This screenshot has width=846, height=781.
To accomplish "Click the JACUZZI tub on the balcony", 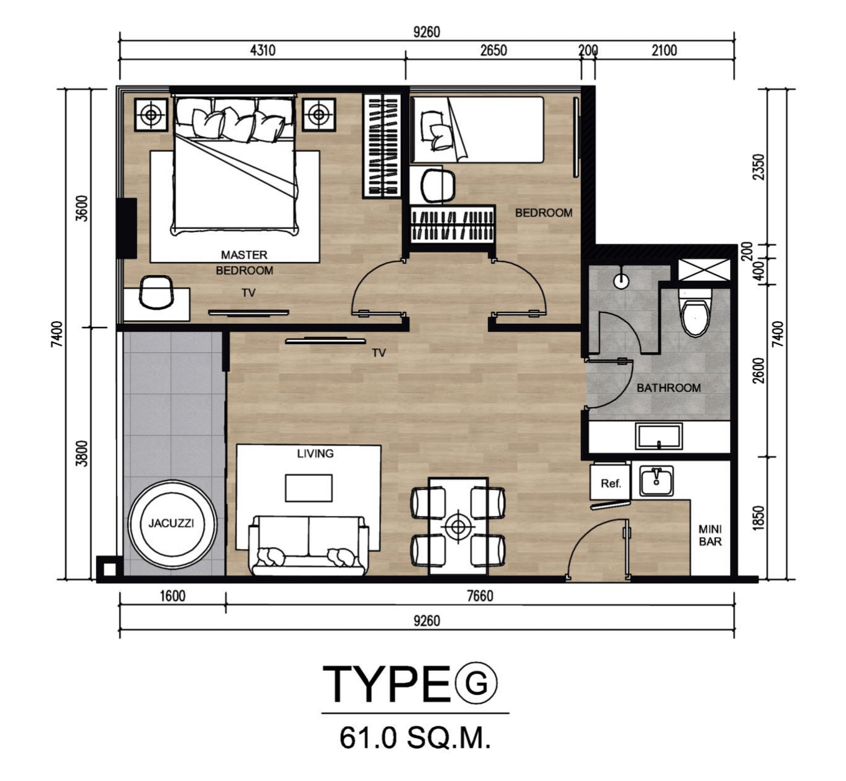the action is (x=172, y=524).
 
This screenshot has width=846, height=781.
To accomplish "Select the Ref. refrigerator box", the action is (x=609, y=482).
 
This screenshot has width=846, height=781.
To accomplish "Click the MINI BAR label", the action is (x=710, y=535).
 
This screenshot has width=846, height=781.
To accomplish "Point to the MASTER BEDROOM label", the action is (x=244, y=263).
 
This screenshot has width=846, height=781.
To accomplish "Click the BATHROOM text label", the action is (x=669, y=388).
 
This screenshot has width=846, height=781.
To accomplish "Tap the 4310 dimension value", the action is (x=263, y=50).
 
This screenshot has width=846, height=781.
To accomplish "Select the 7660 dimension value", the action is (x=480, y=596).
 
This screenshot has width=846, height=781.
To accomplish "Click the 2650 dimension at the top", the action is (x=493, y=50).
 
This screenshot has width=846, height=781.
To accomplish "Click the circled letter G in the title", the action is (x=476, y=683).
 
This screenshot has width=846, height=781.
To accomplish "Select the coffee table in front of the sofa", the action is (x=308, y=488).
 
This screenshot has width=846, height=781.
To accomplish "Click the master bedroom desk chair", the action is (x=157, y=292).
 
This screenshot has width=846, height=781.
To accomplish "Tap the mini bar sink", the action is (x=656, y=481).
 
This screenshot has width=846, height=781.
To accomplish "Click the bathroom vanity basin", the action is (x=659, y=436).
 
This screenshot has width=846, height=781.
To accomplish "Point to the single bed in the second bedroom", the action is (x=477, y=130).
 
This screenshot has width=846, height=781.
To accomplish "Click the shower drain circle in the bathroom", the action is (x=621, y=281).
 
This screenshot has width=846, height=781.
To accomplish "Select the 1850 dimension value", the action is (x=759, y=518).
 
